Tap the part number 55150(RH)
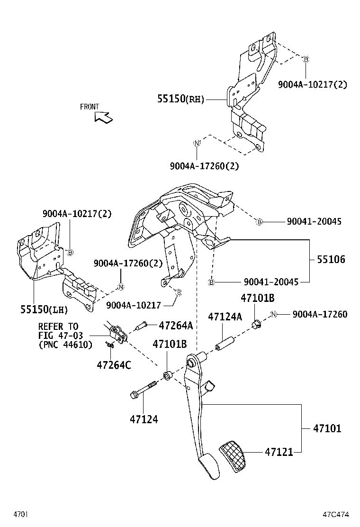point(180,99)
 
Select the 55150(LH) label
point(44,309)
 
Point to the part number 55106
point(331,259)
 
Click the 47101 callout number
point(327,429)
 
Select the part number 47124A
point(225,317)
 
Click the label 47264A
point(175,326)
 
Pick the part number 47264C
point(114,365)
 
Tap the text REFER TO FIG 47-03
point(58,331)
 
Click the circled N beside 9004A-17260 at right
point(273,315)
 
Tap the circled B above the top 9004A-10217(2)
point(306,59)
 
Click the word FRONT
point(90,107)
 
